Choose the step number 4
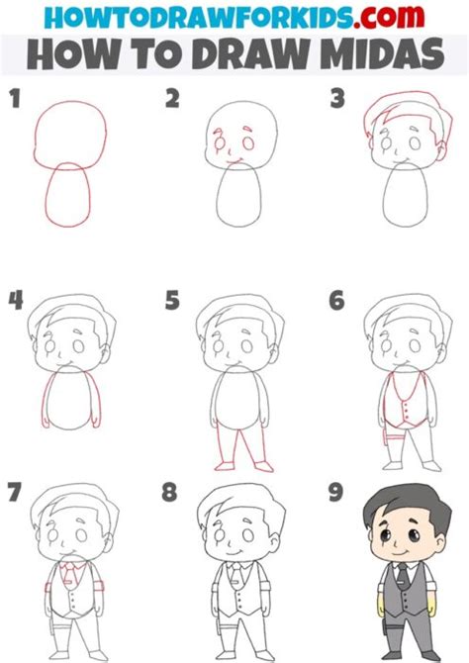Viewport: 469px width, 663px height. point(14,300)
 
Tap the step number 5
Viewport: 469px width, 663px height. point(172,300)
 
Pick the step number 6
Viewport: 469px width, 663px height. point(336,300)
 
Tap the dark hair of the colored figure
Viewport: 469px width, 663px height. point(401,507)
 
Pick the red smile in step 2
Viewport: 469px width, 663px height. point(234,160)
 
